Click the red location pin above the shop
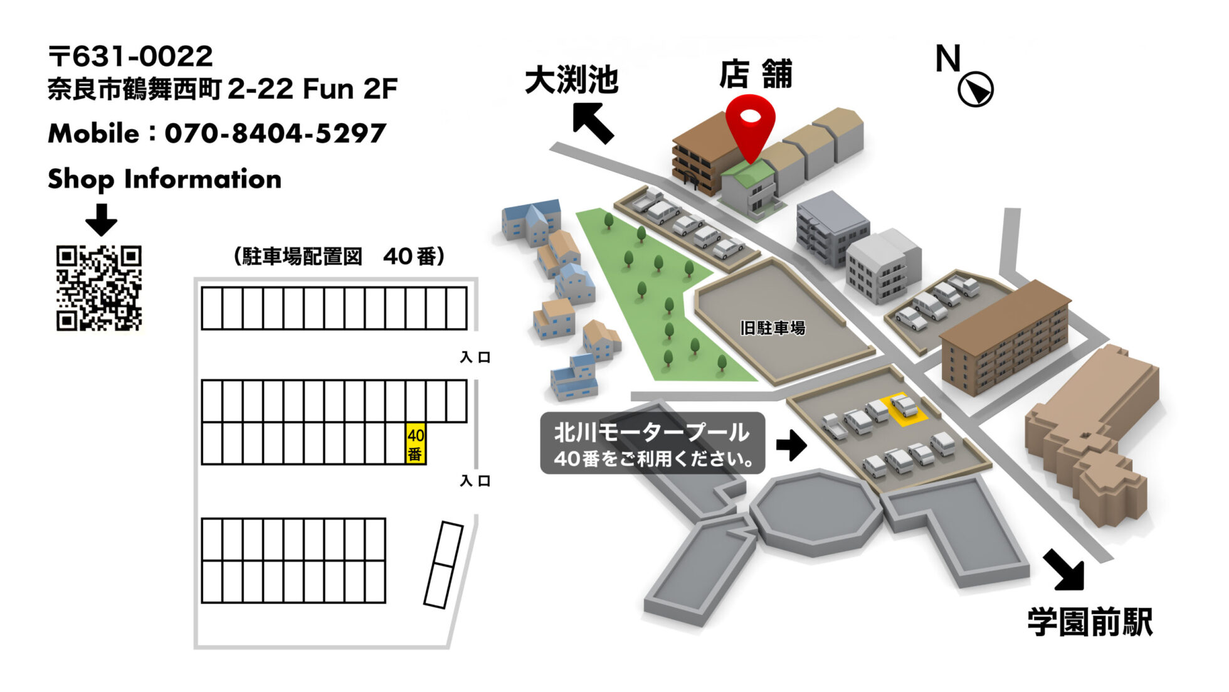(750, 122)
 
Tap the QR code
(99, 288)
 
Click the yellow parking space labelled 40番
(415, 444)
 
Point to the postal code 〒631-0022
(130, 56)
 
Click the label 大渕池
(571, 80)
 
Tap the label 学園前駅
(1090, 622)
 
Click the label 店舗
(756, 75)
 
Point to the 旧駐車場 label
(773, 328)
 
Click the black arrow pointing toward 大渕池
(593, 123)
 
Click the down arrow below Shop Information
(101, 219)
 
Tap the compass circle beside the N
(975, 89)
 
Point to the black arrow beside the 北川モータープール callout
(791, 445)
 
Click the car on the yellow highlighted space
(904, 406)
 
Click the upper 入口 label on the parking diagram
(475, 358)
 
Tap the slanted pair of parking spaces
(443, 565)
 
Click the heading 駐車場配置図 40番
(339, 256)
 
